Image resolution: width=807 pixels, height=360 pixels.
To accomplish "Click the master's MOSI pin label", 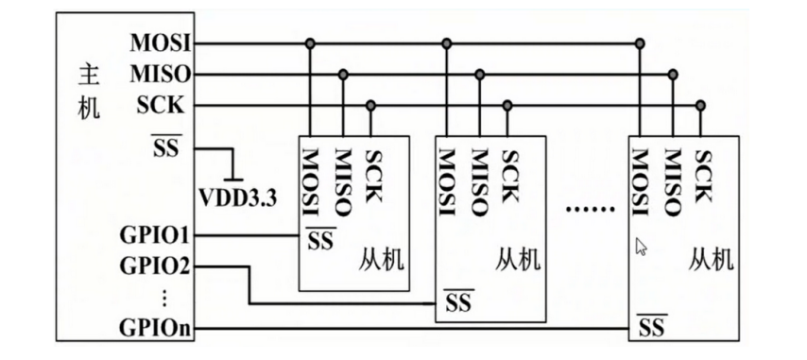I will tap(161, 43).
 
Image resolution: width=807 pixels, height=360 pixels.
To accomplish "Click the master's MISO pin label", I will tap(161, 74).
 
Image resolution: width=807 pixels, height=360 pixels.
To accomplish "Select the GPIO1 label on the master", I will tap(157, 233).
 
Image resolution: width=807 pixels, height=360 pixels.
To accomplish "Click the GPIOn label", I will tap(157, 328).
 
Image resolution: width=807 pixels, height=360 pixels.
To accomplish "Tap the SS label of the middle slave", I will tap(457, 303).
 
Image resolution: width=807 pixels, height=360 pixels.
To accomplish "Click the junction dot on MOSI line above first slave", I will tap(310, 43).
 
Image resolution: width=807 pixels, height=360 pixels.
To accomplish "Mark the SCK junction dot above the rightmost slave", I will tap(701, 105).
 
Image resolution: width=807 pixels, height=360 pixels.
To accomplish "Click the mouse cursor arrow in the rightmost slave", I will tap(641, 247).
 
